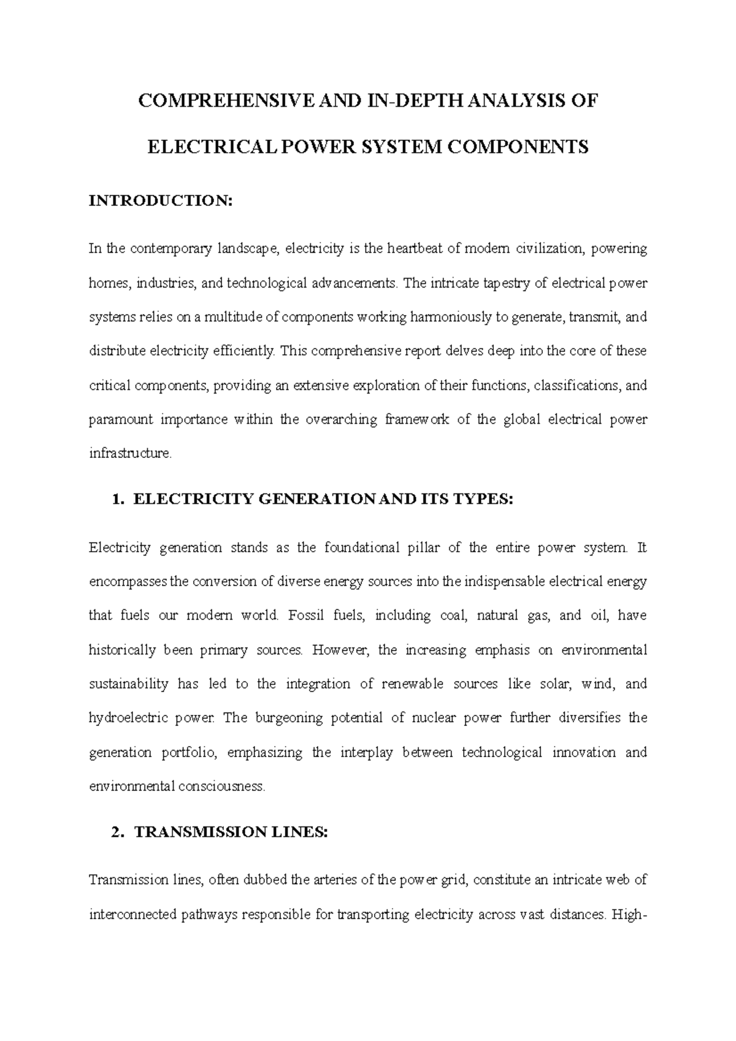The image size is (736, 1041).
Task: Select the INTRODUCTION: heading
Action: (x=161, y=201)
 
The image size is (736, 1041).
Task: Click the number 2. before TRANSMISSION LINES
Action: (x=120, y=832)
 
